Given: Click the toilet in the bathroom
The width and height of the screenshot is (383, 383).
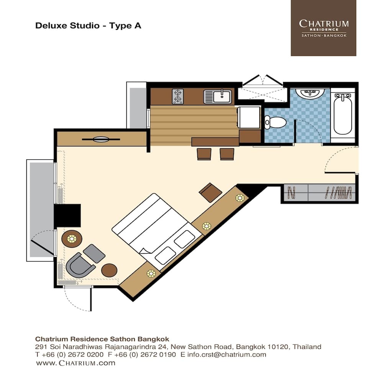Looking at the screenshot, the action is point(275,122).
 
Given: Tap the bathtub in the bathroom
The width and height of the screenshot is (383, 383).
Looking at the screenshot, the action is point(343,115).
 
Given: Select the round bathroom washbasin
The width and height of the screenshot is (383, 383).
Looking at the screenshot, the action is point(310,93).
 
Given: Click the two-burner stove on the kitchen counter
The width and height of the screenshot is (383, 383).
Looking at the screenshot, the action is point(178,96).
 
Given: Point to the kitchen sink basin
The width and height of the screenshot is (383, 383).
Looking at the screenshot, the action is point(222,97).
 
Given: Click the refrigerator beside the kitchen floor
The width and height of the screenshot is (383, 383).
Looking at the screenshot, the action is point(249,117).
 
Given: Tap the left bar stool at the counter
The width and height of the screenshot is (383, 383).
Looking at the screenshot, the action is point(204,154).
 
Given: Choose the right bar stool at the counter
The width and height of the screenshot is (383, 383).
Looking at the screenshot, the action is point(227,154).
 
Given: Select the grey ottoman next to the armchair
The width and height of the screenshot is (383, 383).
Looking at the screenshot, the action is point(94,254).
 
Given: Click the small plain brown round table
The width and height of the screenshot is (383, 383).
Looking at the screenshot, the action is point(109,270).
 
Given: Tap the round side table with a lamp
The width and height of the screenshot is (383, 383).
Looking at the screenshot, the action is point(72,239).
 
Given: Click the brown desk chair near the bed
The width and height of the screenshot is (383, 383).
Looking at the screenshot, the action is point(211,193).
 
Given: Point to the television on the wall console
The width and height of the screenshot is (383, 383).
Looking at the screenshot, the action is point(101,139).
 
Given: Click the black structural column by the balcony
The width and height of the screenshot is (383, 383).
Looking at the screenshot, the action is point(67,215).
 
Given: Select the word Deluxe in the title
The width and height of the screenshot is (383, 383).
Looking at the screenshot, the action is point(51,26).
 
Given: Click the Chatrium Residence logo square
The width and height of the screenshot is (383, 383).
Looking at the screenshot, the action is point(323,28).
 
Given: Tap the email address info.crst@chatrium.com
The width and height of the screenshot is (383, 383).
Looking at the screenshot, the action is point(227,354).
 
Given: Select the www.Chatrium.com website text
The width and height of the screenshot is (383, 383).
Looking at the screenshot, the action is point(76,363).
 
